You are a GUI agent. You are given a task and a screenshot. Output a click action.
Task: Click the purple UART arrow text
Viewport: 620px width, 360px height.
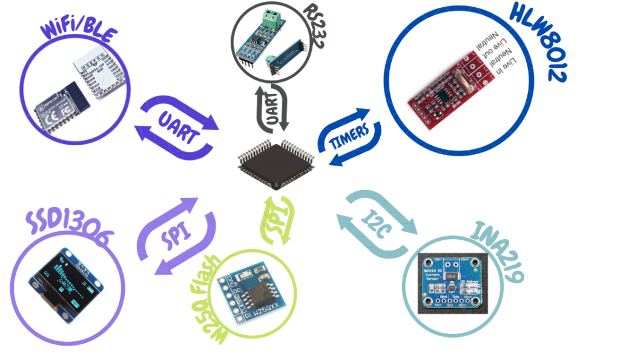click(x=177, y=125)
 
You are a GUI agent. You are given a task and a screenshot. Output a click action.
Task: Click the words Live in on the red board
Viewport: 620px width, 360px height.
click(x=512, y=64)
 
